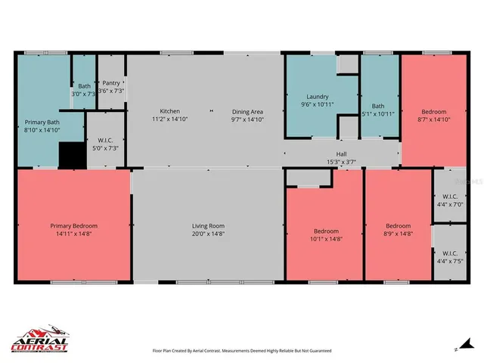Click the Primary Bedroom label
tap(73, 225)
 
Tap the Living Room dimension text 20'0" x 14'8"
tap(206, 233)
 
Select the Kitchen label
tap(169, 111)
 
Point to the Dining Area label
tap(247, 111)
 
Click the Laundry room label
tap(318, 97)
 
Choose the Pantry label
tap(111, 82)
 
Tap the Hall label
tap(341, 154)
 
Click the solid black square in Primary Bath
tap(72, 155)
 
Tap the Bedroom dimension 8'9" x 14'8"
tap(398, 233)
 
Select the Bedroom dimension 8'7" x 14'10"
tap(433, 119)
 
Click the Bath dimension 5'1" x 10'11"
tap(378, 114)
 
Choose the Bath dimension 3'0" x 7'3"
tap(83, 94)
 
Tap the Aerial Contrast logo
tap(39, 340)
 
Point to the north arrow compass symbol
tap(456, 349)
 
